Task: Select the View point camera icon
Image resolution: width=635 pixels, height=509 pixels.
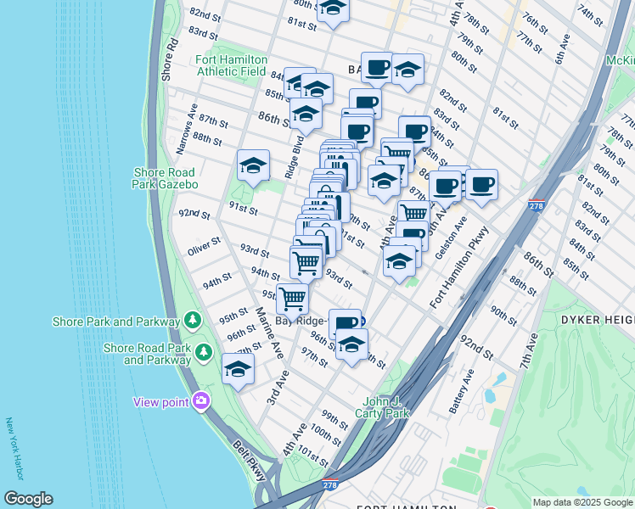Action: [x=201, y=400]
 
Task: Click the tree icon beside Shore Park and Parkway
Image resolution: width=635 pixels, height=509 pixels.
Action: [x=194, y=321]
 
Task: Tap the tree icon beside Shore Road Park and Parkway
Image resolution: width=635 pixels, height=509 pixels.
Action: [x=203, y=351]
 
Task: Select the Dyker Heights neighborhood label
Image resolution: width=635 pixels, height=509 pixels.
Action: [x=593, y=319]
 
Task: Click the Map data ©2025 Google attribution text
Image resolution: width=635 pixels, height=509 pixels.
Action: [x=582, y=502]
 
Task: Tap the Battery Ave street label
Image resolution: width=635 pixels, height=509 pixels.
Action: [x=462, y=391]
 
